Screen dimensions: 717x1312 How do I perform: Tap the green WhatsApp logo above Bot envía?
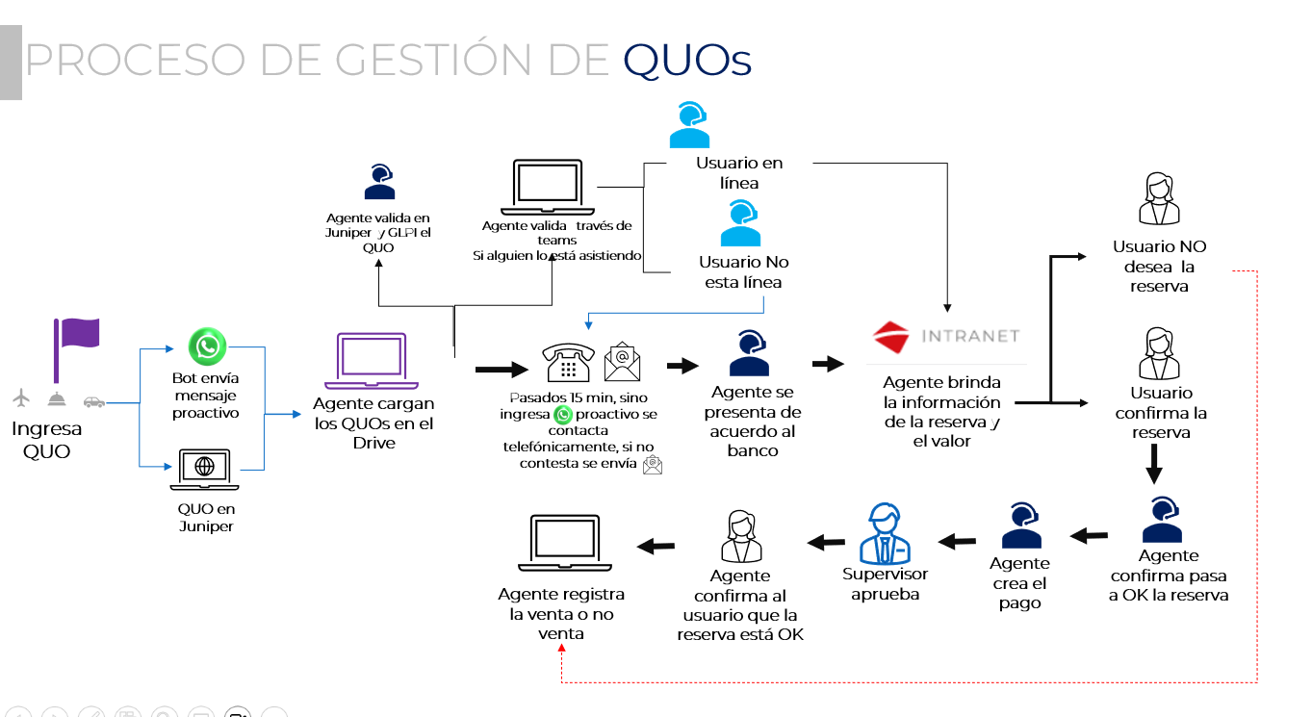[x=207, y=346]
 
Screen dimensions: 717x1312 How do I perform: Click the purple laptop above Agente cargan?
[x=372, y=359]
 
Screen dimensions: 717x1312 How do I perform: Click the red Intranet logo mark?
[x=891, y=337]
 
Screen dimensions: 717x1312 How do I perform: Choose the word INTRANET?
[x=969, y=337]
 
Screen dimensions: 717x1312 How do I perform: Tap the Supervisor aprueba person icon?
[x=885, y=533]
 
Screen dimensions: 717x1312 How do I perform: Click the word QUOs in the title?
[x=686, y=60]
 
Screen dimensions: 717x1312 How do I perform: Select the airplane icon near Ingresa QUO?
[x=23, y=397]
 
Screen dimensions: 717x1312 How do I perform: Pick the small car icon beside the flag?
[x=93, y=400]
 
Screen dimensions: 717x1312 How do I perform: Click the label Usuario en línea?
[x=739, y=173]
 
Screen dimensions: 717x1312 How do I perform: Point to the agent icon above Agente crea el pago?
[x=1020, y=525]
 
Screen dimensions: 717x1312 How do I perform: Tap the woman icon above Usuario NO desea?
[x=1159, y=199]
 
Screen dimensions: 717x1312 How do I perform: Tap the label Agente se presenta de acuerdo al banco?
[x=754, y=422]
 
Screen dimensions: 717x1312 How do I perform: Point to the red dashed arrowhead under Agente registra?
[x=561, y=652]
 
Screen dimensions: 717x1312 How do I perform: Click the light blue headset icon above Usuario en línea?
[x=690, y=126]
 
